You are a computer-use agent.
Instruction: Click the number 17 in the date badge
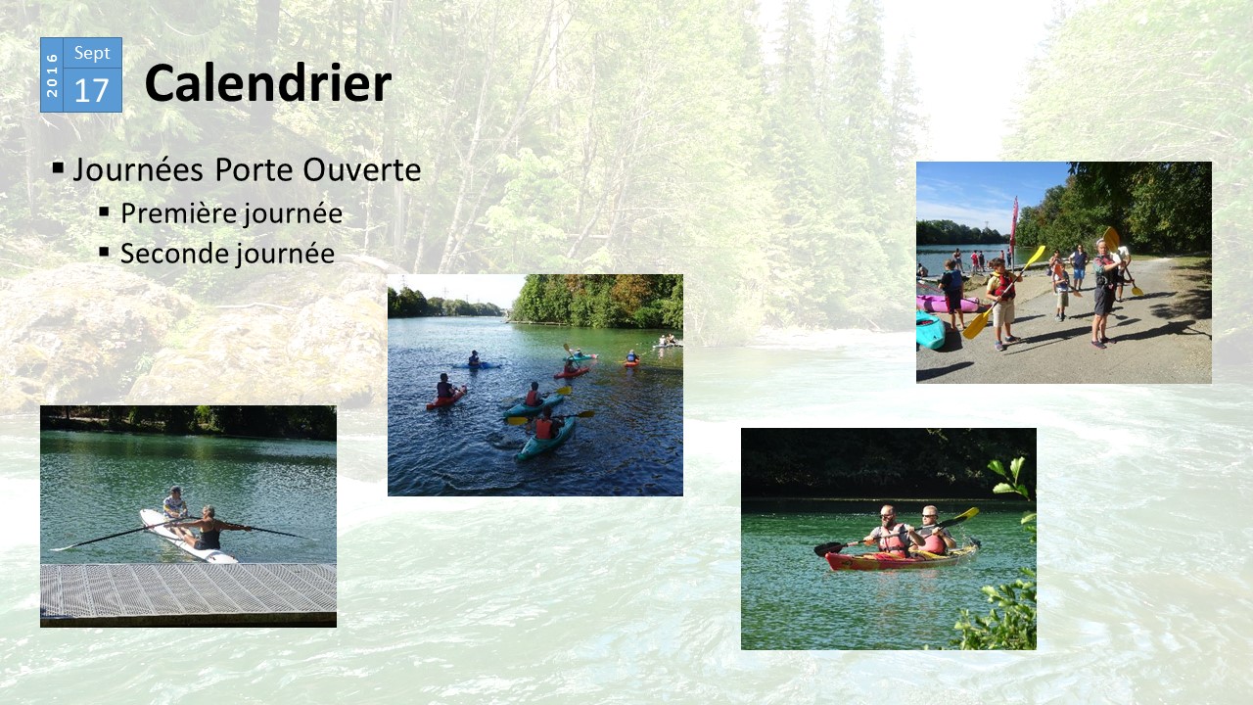[91, 91]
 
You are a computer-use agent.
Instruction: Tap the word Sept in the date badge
[92, 53]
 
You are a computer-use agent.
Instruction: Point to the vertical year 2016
[52, 75]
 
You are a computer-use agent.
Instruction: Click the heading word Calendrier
[268, 83]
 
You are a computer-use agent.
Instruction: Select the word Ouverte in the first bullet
[362, 169]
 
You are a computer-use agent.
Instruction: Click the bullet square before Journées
[58, 167]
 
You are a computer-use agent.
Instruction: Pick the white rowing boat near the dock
[186, 537]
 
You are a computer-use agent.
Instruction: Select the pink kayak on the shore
[948, 304]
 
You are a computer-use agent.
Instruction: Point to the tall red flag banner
[1013, 224]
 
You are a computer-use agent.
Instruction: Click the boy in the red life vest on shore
[1003, 304]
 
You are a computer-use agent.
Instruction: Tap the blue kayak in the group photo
[477, 365]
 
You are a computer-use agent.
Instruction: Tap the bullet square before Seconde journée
[104, 252]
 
